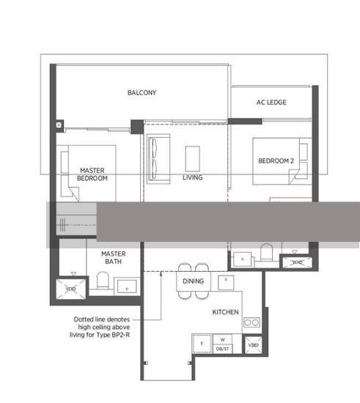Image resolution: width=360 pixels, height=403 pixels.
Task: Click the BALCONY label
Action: pos(142,93)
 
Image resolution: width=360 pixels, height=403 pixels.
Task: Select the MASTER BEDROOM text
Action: pos(93,174)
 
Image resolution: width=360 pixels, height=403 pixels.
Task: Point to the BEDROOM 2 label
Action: pos(276,161)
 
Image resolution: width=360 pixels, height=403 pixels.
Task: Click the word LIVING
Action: pos(193,177)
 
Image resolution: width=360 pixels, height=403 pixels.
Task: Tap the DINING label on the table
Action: pos(193,281)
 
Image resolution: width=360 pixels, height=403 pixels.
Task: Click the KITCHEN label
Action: pos(226,312)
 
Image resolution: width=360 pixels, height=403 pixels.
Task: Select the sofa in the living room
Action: pos(156,158)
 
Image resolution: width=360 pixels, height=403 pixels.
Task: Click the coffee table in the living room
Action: pos(193,158)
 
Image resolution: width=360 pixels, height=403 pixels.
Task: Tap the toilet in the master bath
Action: pos(103,281)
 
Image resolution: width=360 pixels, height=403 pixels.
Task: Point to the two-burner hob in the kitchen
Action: pos(252,322)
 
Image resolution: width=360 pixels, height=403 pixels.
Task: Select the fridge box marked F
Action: pos(200,343)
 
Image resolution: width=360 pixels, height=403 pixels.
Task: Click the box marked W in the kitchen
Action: pos(221,340)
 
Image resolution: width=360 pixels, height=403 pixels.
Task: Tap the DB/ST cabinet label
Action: pos(221,348)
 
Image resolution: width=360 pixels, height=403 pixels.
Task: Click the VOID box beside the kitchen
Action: pos(253,344)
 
